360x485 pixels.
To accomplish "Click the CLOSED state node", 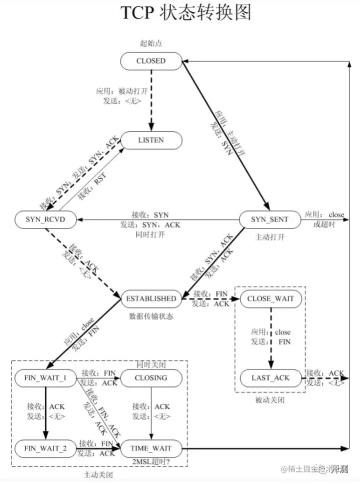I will pyautogui.click(x=150, y=61).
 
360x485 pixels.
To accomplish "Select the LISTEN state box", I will pyautogui.click(x=150, y=140).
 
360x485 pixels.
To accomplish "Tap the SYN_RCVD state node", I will pyautogui.click(x=45, y=219).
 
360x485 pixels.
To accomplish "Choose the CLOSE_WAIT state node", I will pyautogui.click(x=270, y=298).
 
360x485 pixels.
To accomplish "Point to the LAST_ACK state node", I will pyautogui.click(x=270, y=377).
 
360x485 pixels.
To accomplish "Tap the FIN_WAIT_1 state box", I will pyautogui.click(x=45, y=377).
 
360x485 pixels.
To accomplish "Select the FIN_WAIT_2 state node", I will pyautogui.click(x=45, y=448).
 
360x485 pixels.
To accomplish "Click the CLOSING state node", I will pyautogui.click(x=150, y=377).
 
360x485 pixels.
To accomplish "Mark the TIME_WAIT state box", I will pyautogui.click(x=150, y=448).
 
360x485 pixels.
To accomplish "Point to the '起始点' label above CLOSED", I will pyautogui.click(x=150, y=43).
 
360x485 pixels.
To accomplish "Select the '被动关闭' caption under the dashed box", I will pyautogui.click(x=270, y=400).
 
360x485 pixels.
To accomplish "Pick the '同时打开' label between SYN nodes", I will pyautogui.click(x=150, y=234).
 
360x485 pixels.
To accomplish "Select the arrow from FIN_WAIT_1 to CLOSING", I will pyautogui.click(x=97, y=378).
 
